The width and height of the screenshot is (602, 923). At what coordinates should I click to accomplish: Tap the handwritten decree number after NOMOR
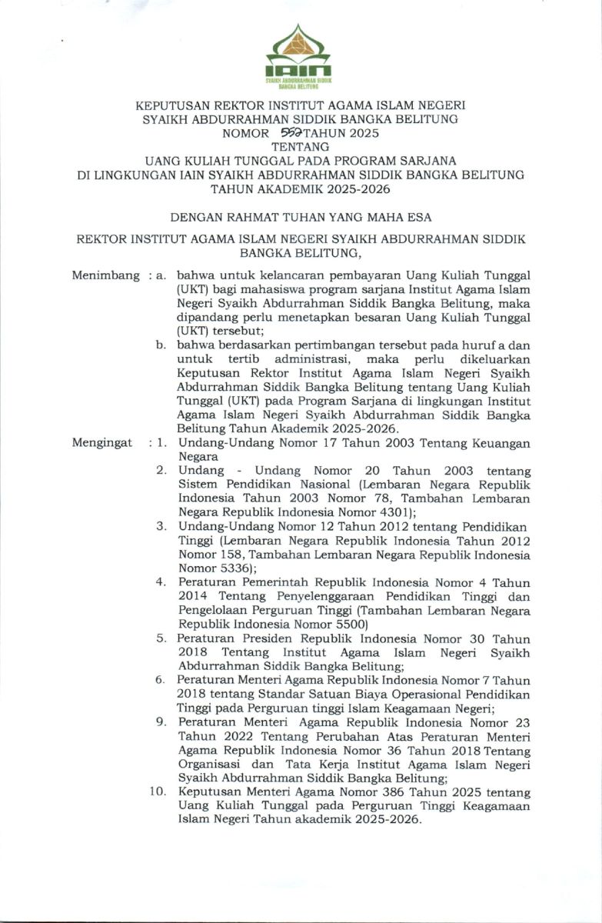pyautogui.click(x=272, y=132)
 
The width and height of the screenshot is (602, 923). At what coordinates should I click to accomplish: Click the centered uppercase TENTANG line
pyautogui.click(x=301, y=146)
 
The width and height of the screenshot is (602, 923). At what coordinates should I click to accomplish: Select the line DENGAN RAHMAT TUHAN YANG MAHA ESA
pyautogui.click(x=301, y=218)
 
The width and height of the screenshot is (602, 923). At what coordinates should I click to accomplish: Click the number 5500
pyautogui.click(x=353, y=624)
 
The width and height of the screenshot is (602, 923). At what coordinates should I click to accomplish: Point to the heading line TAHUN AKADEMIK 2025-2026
pyautogui.click(x=301, y=188)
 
